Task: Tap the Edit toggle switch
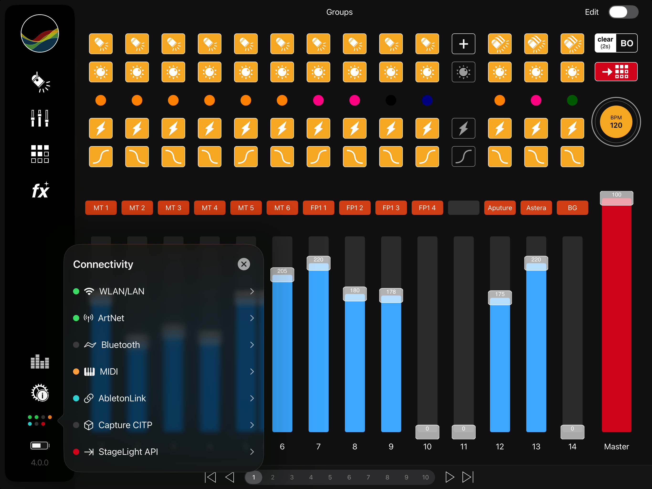(623, 12)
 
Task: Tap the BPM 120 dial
(616, 122)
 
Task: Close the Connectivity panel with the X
(244, 264)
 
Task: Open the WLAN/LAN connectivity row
(163, 291)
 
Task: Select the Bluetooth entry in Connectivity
(163, 345)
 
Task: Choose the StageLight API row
(163, 452)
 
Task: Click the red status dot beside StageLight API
(76, 452)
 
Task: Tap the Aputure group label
(500, 208)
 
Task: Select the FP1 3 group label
(391, 208)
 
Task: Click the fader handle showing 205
(282, 275)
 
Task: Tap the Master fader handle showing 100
(616, 198)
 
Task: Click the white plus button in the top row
(463, 44)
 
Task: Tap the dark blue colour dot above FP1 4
(427, 101)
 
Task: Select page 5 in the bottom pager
(330, 477)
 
